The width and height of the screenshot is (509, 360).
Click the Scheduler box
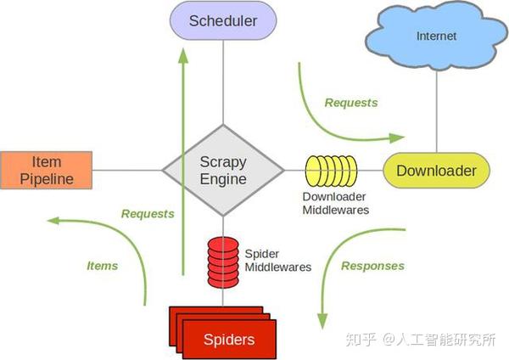tap(223, 21)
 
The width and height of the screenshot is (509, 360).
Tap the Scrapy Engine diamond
tap(223, 170)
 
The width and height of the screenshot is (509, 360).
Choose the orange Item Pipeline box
tap(46, 170)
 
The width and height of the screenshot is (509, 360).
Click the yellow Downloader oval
tap(436, 171)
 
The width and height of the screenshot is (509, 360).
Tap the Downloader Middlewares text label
tap(336, 203)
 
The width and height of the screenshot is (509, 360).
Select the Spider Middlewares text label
tap(277, 260)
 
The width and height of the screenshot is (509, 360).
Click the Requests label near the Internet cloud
tap(350, 103)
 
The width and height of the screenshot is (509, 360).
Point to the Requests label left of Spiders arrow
tap(147, 214)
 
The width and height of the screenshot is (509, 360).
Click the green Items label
tap(102, 266)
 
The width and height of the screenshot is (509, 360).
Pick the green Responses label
tap(372, 266)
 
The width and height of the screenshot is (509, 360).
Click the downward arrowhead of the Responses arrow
tap(322, 321)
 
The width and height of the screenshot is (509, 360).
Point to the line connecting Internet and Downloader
tap(437, 110)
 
